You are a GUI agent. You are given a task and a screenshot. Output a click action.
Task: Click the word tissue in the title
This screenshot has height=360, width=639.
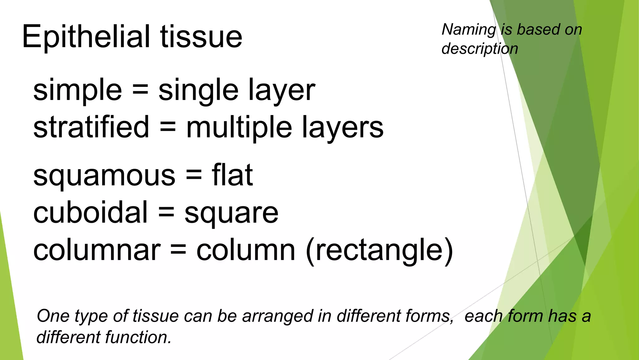pos(201,37)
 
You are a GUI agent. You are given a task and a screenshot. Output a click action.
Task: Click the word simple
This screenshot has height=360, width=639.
pos(77,91)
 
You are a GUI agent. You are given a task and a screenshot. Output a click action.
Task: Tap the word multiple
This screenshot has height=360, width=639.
pos(239,127)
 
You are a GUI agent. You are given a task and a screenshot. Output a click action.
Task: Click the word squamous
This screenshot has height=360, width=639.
pos(104,176)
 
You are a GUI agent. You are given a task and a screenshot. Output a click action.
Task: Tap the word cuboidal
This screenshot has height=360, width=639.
pos(90,212)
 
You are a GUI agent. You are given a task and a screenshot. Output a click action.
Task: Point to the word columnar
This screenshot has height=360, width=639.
pos(97,250)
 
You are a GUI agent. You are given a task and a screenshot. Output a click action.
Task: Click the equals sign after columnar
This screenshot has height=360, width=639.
pos(178,250)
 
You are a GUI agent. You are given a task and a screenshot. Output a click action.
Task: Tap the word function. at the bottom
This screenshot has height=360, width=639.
pos(138,337)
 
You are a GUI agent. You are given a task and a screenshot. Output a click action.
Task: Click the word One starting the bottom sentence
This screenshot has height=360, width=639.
pos(53,316)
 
